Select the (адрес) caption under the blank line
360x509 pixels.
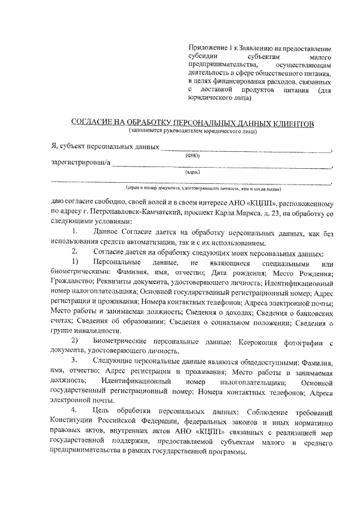[192, 172]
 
